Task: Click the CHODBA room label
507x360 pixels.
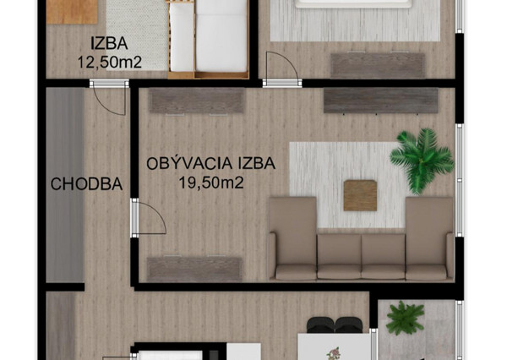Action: tap(86, 184)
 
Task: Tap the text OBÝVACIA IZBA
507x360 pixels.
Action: tap(210, 164)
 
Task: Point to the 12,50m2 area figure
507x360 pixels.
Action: tap(109, 62)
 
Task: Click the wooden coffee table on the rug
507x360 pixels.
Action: tap(361, 195)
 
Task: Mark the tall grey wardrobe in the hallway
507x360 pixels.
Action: tap(65, 184)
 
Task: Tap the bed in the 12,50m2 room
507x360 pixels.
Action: tap(208, 38)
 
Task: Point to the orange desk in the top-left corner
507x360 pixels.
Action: tap(73, 10)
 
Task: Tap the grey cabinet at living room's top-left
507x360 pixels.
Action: tap(197, 101)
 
